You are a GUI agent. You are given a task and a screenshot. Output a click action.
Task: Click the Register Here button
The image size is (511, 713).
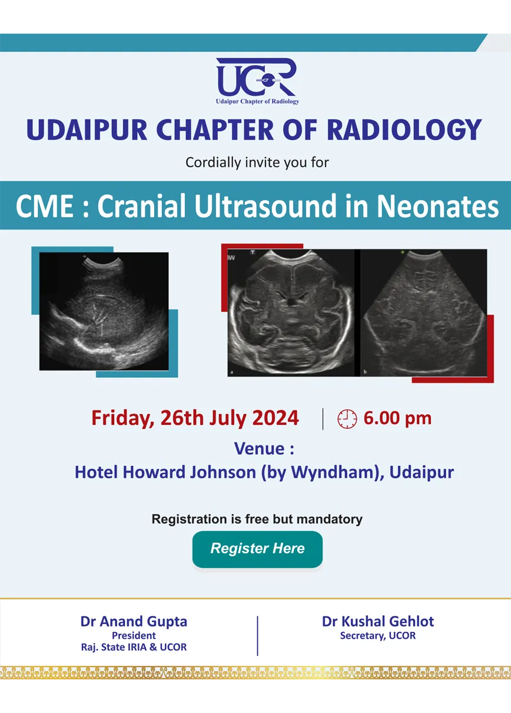pyautogui.click(x=257, y=549)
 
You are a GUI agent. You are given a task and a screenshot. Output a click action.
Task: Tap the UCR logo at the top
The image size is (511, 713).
pyautogui.click(x=257, y=81)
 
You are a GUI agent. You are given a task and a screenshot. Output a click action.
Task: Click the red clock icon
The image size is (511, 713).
pyautogui.click(x=347, y=419)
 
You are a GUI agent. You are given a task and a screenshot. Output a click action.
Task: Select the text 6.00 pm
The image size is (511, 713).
pyautogui.click(x=397, y=418)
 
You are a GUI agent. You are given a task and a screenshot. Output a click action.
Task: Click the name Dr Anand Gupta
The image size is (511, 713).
pyautogui.click(x=134, y=621)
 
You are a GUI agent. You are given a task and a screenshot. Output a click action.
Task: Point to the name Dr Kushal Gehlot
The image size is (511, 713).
pyautogui.click(x=378, y=621)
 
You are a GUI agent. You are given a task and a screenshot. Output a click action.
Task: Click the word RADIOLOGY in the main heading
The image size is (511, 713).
pyautogui.click(x=404, y=129)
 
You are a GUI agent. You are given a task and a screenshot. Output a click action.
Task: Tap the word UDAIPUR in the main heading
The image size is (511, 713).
pyautogui.click(x=87, y=130)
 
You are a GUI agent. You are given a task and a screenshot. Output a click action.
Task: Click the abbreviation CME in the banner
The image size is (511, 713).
pyautogui.click(x=45, y=206)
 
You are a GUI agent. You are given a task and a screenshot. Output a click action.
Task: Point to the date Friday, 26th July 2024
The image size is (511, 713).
pyautogui.click(x=195, y=418)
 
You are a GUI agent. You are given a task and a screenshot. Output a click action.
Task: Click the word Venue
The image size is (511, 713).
pyautogui.click(x=259, y=449)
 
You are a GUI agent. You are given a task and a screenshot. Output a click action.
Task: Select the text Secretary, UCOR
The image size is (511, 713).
pyautogui.click(x=378, y=636)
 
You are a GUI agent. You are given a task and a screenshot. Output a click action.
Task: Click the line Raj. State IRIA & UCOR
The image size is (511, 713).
pyautogui.click(x=134, y=647)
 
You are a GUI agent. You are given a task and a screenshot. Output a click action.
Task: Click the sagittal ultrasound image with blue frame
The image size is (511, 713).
pyautogui.click(x=104, y=311)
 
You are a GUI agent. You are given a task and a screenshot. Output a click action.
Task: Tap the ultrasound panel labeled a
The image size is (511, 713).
pyautogui.click(x=291, y=313)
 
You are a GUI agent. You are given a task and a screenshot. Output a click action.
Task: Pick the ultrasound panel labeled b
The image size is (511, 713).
pyautogui.click(x=423, y=313)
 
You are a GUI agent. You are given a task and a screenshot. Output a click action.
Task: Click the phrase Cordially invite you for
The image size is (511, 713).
pyautogui.click(x=257, y=162)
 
